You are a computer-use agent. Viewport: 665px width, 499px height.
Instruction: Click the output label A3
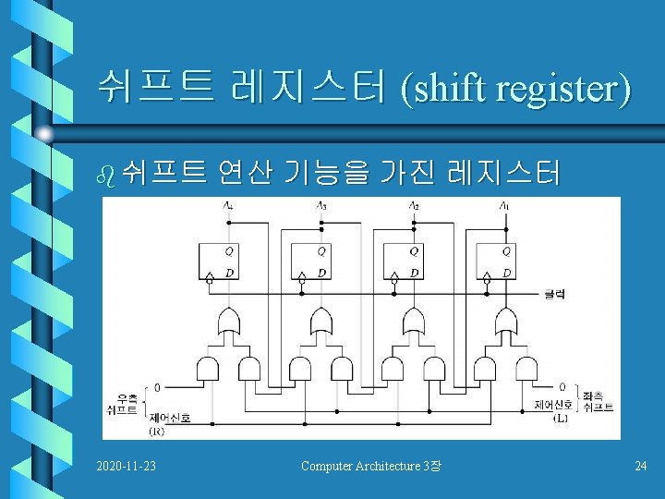(320, 205)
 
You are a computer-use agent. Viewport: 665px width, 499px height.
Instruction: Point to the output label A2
(413, 205)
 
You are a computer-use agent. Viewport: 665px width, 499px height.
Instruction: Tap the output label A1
(503, 205)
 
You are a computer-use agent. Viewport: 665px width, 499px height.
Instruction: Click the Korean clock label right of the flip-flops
(554, 294)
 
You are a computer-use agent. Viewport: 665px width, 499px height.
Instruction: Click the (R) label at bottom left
(157, 431)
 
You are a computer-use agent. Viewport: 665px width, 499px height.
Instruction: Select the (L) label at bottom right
(560, 419)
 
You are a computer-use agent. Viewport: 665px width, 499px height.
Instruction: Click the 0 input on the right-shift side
(157, 387)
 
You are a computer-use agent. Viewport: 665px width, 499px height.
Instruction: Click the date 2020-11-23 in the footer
(126, 465)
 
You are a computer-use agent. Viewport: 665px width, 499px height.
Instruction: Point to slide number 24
(640, 465)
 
